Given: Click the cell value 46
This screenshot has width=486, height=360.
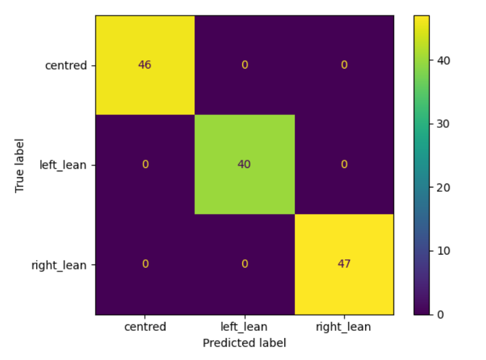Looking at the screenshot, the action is pyautogui.click(x=145, y=65).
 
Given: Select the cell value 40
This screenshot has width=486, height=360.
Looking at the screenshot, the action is pyautogui.click(x=244, y=164).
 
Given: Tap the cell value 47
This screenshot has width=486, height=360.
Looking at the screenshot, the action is pyautogui.click(x=344, y=264).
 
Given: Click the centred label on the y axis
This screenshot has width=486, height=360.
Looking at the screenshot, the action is pyautogui.click(x=66, y=65).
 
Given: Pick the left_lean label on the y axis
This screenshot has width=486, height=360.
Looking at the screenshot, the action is pyautogui.click(x=63, y=165).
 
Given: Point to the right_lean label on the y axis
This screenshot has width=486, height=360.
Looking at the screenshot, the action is pyautogui.click(x=59, y=265).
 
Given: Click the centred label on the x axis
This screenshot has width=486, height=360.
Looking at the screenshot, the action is pyautogui.click(x=145, y=326).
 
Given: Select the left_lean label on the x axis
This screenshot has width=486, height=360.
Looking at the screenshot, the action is pyautogui.click(x=244, y=327).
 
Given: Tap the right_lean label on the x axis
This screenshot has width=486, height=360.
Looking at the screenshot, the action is pyautogui.click(x=343, y=327).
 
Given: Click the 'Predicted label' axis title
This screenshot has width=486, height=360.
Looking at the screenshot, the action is pyautogui.click(x=244, y=343).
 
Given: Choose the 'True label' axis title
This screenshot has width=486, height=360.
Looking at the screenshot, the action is pyautogui.click(x=19, y=165).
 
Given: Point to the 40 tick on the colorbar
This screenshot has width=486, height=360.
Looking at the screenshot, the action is pyautogui.click(x=443, y=61).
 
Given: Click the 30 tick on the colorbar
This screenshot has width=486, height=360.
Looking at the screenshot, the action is pyautogui.click(x=443, y=124).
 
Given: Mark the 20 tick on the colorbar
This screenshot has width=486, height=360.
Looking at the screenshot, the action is pyautogui.click(x=443, y=187).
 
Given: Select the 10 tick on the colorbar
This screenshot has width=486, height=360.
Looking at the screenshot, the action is pyautogui.click(x=443, y=251).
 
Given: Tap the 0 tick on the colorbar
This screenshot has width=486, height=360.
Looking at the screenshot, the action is pyautogui.click(x=441, y=314).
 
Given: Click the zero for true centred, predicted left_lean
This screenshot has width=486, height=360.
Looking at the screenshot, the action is pyautogui.click(x=244, y=65).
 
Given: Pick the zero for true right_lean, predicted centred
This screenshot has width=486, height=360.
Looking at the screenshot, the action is pyautogui.click(x=145, y=264).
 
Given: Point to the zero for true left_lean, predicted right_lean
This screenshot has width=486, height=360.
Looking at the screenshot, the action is pyautogui.click(x=344, y=164).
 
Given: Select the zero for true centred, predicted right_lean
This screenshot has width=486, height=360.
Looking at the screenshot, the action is pyautogui.click(x=344, y=65).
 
